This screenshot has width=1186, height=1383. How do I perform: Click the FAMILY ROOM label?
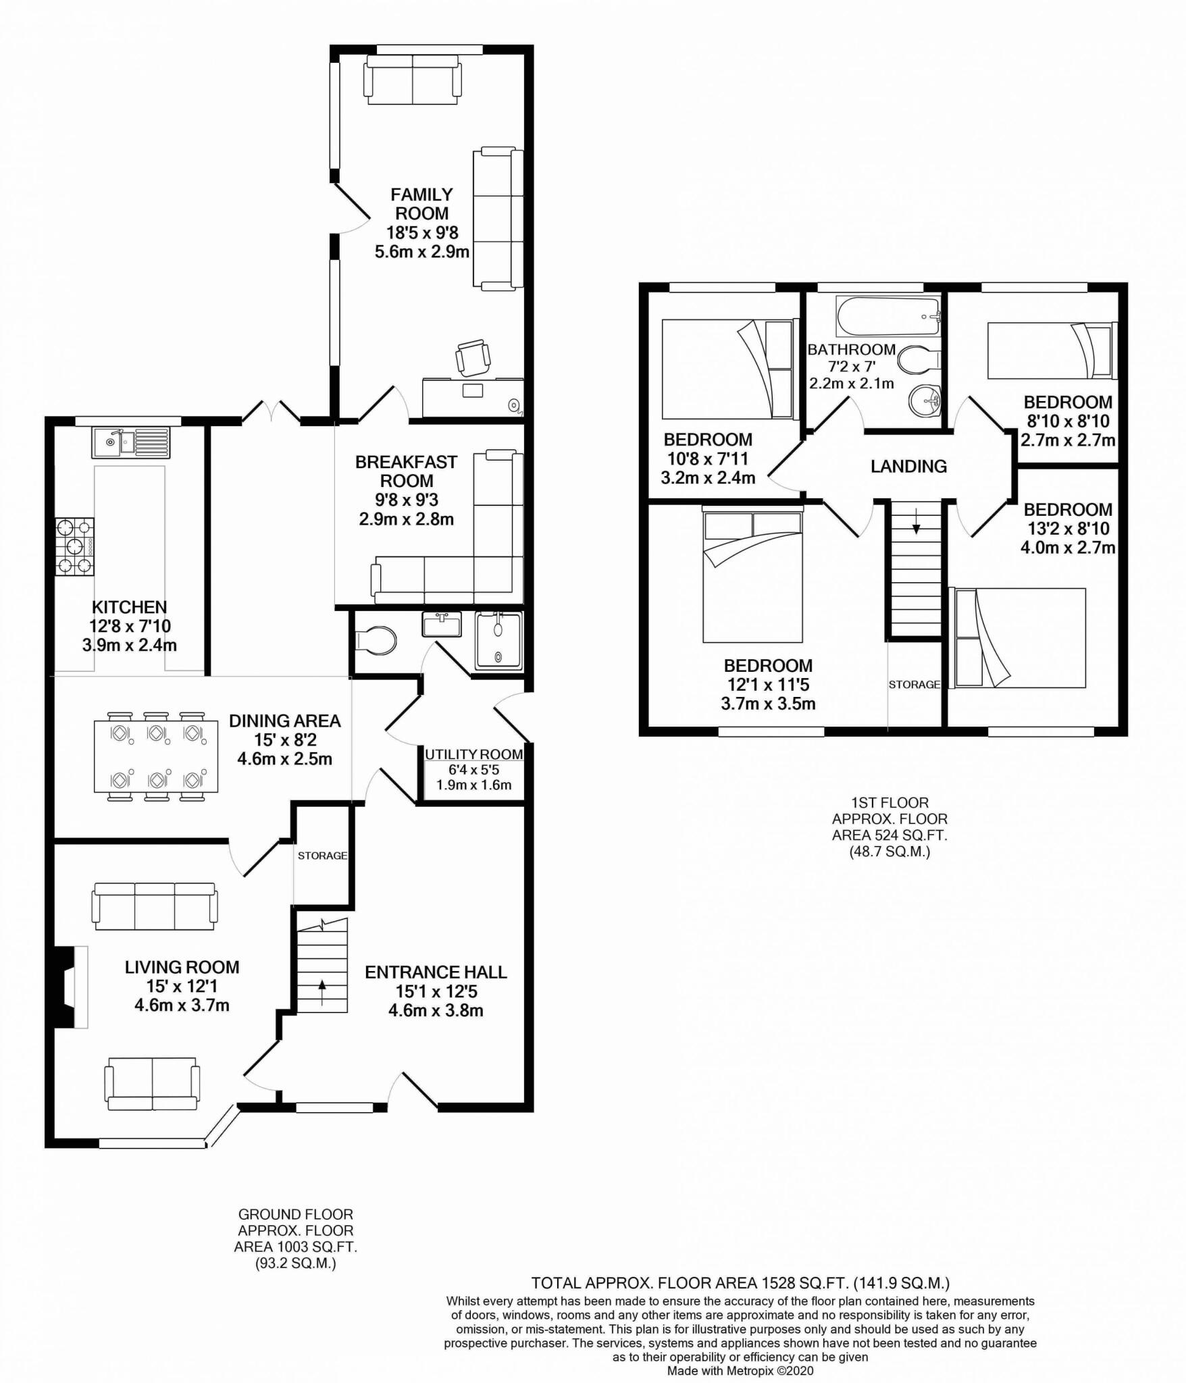click(x=422, y=204)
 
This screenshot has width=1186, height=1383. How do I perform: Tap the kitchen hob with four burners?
click(x=75, y=546)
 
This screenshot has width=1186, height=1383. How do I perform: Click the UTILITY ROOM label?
click(x=474, y=754)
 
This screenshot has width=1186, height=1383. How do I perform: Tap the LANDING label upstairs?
click(x=908, y=466)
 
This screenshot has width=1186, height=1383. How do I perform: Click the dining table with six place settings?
click(x=156, y=756)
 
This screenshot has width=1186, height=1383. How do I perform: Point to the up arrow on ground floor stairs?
click(x=321, y=993)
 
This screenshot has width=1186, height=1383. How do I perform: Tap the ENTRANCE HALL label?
click(x=436, y=972)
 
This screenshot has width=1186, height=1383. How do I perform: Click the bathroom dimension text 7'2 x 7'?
click(x=852, y=367)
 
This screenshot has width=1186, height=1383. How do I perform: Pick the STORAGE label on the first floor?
click(x=914, y=684)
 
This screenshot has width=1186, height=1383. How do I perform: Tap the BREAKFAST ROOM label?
click(x=407, y=471)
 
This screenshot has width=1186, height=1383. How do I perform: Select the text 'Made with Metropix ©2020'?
click(x=740, y=1371)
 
